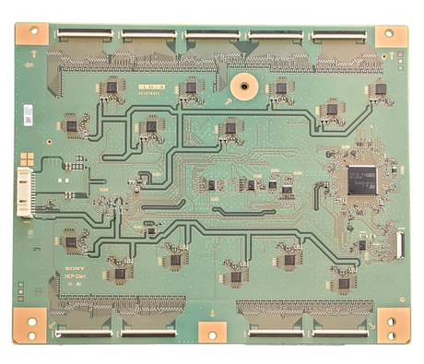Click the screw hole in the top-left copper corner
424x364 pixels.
tap(35, 30)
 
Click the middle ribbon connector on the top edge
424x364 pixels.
tap(214, 35)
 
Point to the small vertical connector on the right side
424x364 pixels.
tap(399, 245)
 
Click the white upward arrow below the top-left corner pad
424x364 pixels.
tap(34, 54)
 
